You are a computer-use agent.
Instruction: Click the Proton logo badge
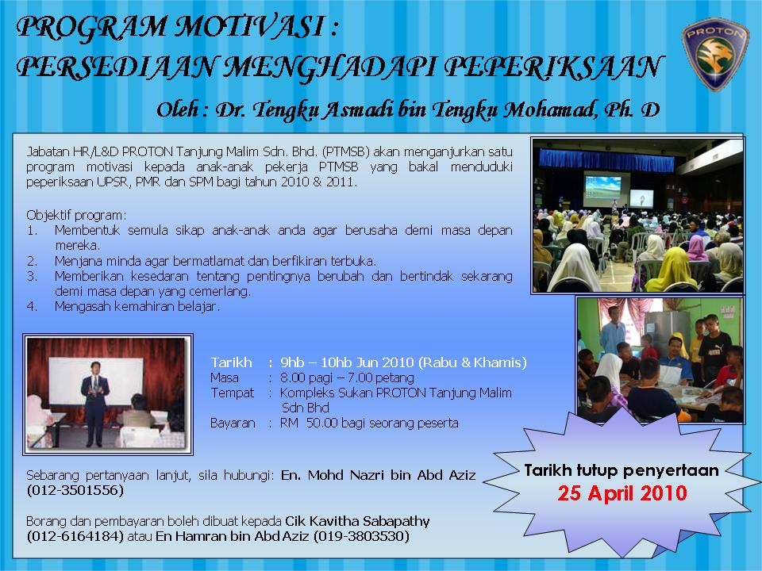click(715, 56)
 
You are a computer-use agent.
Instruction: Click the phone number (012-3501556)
click(75, 491)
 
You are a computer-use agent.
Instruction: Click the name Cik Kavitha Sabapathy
click(358, 521)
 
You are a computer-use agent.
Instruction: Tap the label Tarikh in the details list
click(231, 362)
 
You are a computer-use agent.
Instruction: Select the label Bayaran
click(233, 423)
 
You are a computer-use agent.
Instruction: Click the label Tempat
click(232, 393)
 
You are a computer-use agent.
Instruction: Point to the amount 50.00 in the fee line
click(321, 423)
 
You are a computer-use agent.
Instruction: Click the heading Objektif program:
click(76, 216)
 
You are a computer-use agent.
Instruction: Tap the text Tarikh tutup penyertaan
click(621, 470)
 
